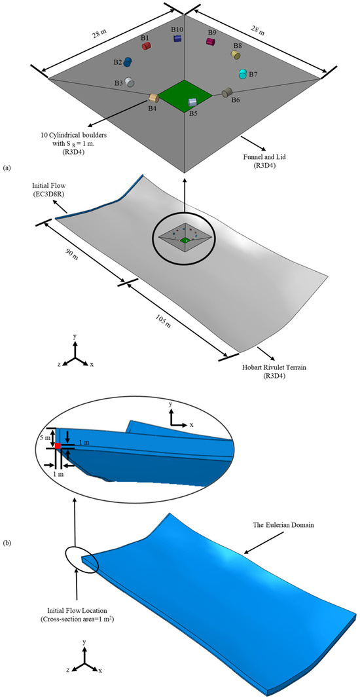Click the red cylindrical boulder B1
pyautogui.click(x=147, y=46)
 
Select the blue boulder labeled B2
pyautogui.click(x=128, y=62)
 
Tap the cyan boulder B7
pyautogui.click(x=243, y=73)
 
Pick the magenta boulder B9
pyautogui.click(x=211, y=41)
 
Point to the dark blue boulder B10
pyautogui.click(x=177, y=39)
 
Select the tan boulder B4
pyautogui.click(x=154, y=98)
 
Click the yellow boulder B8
pyautogui.click(x=236, y=55)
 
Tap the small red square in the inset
pyautogui.click(x=58, y=445)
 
